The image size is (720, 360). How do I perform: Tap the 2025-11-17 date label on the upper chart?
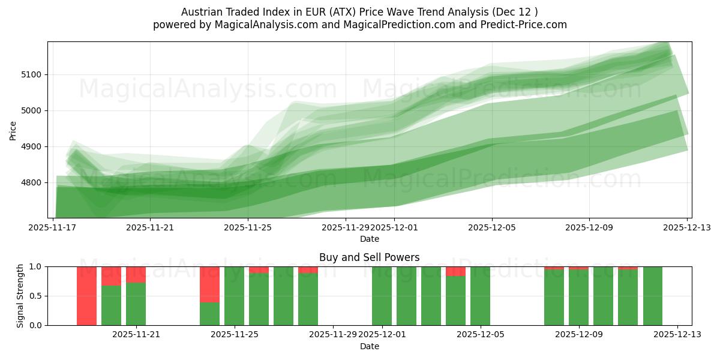53,228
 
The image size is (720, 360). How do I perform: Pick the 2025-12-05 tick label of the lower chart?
480,335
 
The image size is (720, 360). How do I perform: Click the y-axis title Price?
13,130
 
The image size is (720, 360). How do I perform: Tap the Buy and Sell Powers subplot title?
369,257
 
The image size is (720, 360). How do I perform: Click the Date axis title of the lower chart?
369,346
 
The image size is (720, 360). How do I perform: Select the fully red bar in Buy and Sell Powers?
86,296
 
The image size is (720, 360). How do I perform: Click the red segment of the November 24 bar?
209,284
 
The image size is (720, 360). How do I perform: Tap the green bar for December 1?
382,296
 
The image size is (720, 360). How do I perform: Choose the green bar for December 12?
652,296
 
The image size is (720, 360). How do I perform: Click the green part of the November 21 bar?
136,304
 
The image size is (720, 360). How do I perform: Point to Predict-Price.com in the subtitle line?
517,25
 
